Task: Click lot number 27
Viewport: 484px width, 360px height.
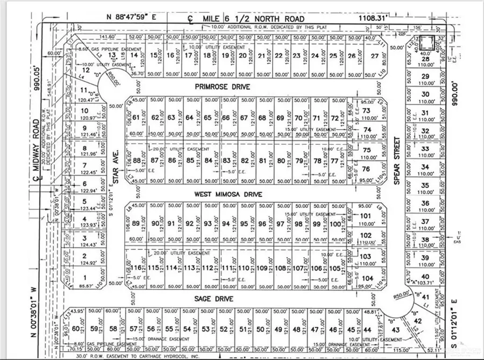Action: pyautogui.click(x=375, y=55)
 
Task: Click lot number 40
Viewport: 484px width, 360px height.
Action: pyautogui.click(x=426, y=277)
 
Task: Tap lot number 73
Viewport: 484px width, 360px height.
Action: pyautogui.click(x=367, y=111)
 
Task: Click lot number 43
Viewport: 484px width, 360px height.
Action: pyautogui.click(x=395, y=329)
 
